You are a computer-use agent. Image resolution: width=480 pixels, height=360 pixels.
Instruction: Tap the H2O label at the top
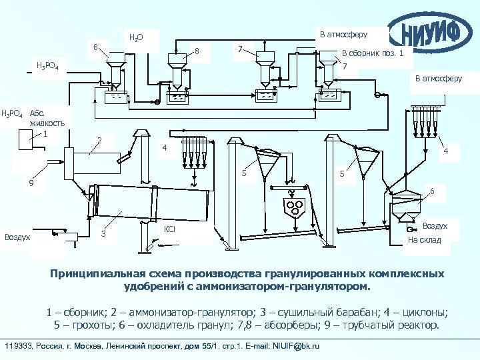point(135,37)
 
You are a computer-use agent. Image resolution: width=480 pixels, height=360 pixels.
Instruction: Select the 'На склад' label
point(425,240)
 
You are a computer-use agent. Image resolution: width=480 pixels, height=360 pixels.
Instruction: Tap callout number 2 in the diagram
point(99,140)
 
